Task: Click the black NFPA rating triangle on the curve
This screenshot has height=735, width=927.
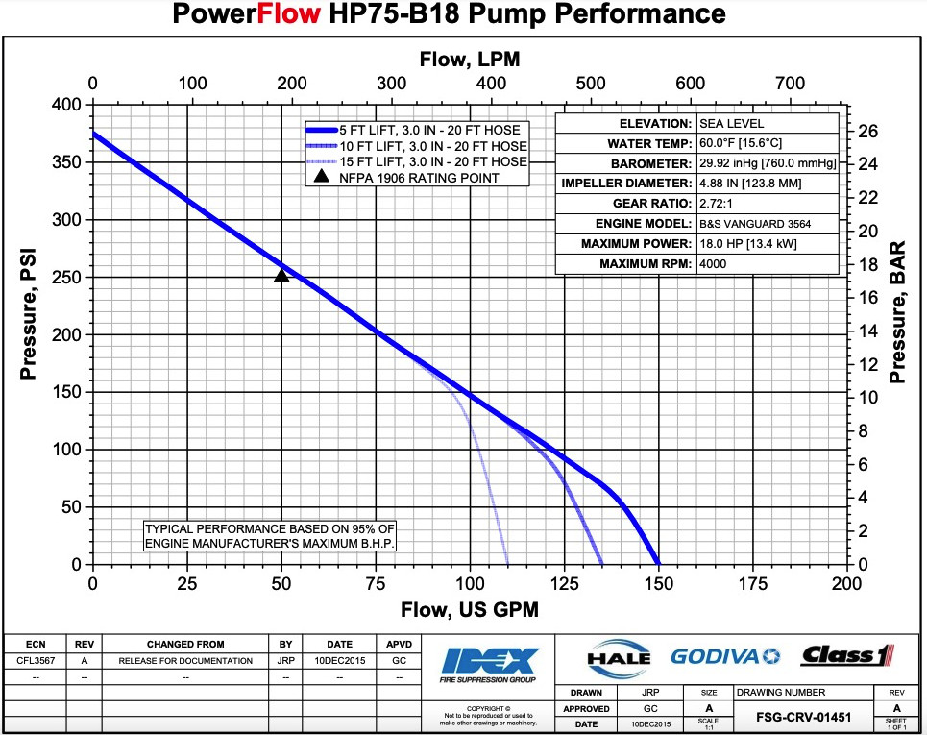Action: (x=281, y=276)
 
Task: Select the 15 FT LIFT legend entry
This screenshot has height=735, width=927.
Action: (x=432, y=161)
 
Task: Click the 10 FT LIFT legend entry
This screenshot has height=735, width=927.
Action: (x=432, y=146)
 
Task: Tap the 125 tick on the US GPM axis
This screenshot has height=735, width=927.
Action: (x=564, y=583)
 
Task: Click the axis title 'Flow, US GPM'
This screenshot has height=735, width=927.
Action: (x=470, y=610)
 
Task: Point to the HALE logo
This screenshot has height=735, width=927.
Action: (x=618, y=658)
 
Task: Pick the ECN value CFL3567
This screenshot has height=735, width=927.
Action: (x=35, y=661)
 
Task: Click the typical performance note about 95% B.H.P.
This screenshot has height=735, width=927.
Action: (x=269, y=536)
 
